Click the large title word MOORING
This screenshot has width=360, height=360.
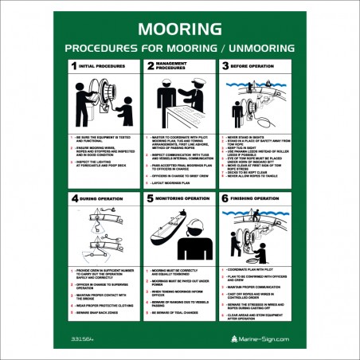tap(179, 29)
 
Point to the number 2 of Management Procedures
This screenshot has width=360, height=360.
tap(151, 67)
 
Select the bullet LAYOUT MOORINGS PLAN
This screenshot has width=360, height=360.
tap(170, 182)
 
